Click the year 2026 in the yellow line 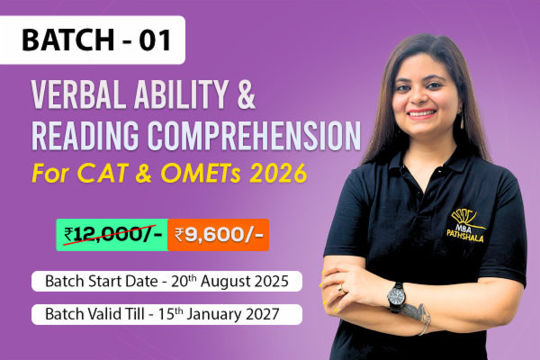[292, 170]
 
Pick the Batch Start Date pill [167, 281]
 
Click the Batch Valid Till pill [167, 315]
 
